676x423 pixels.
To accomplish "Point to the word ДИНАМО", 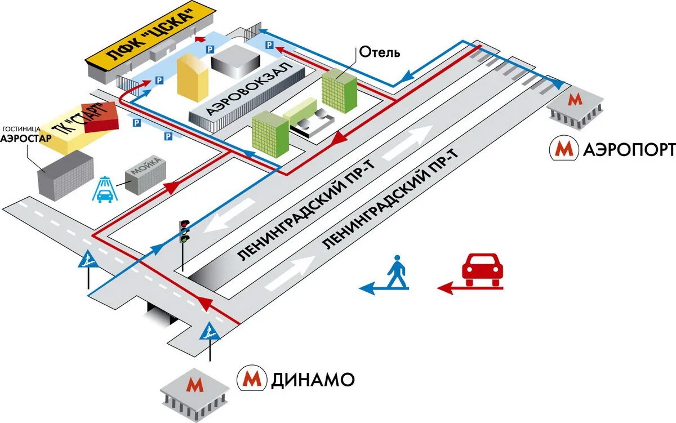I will point(313,379).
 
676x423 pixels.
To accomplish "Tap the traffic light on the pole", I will point(184,230).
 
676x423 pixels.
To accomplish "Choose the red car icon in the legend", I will point(481,269).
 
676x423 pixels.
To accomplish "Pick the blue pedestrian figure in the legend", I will point(397,273).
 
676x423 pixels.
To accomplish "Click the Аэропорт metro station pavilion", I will point(575,107).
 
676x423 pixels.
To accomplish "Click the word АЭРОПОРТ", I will point(629,149).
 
